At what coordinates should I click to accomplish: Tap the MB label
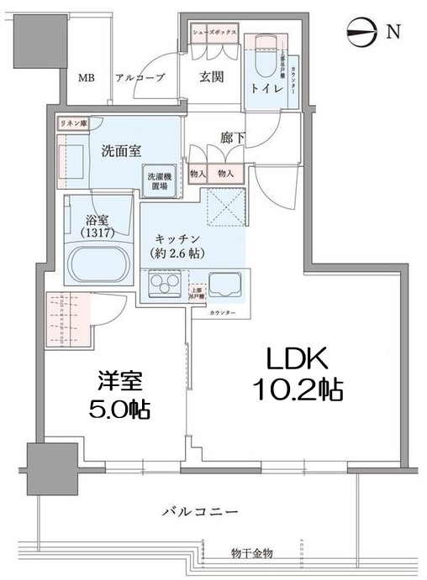[x=87, y=78]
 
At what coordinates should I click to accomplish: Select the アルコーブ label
[x=140, y=78]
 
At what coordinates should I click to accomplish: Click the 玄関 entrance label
[x=211, y=77]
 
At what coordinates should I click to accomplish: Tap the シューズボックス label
[x=215, y=31]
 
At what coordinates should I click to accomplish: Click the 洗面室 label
[x=120, y=151]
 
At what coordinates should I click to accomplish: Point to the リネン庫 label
[x=73, y=123]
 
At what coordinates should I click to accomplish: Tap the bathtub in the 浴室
[x=94, y=264]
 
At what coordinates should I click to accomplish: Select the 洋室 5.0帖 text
[x=119, y=395]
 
